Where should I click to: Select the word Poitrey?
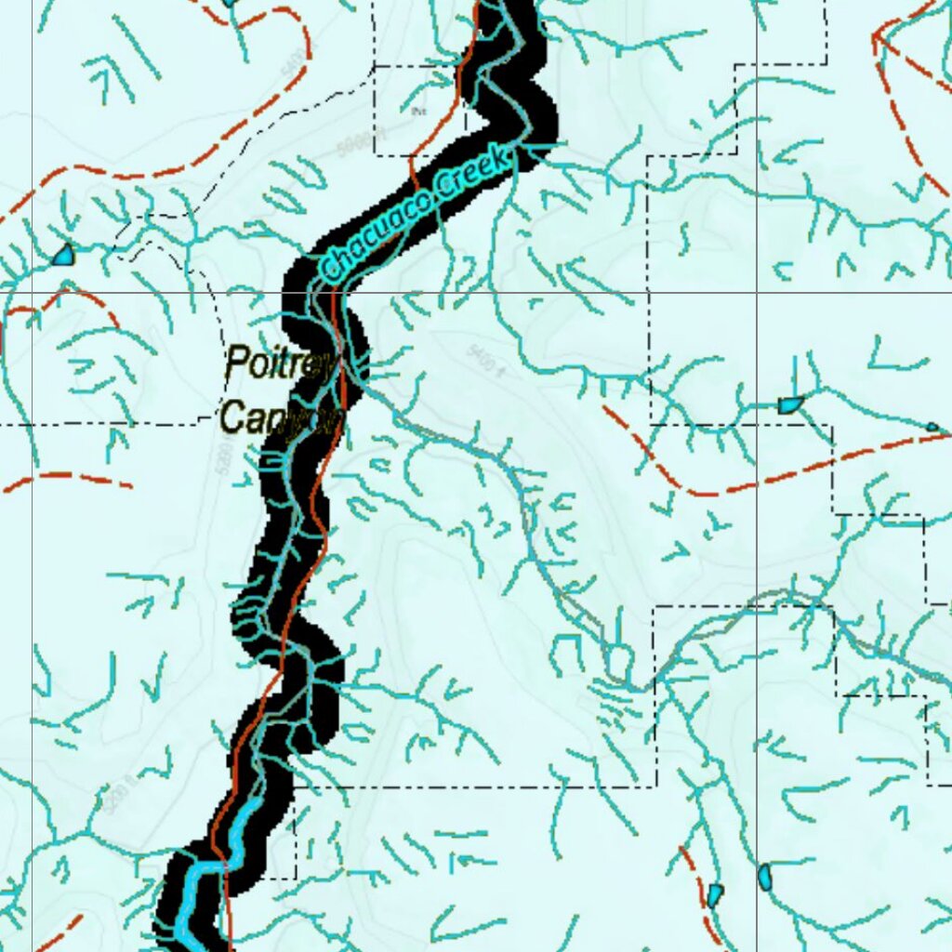279,364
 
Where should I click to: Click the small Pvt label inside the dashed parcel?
418,112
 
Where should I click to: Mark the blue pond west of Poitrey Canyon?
63,254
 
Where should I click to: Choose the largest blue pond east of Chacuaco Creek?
789,404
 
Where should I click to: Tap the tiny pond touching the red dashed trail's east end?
932,427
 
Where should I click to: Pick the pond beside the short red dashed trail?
713,895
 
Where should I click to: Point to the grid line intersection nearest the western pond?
33,292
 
